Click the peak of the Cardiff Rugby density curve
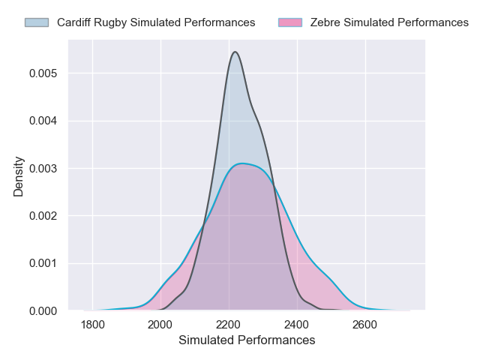coord(235,52)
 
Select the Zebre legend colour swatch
coord(289,22)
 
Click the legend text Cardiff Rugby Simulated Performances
coord(156,22)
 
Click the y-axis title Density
coord(19,176)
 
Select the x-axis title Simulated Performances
coord(247,340)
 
